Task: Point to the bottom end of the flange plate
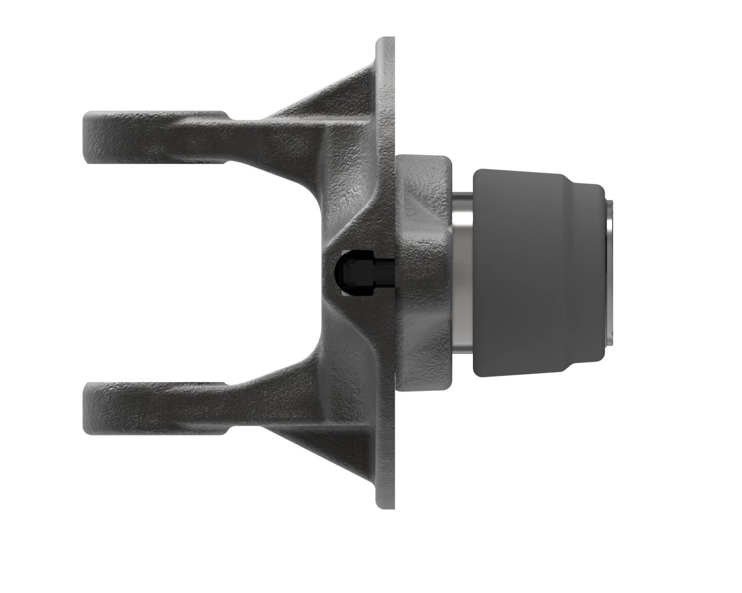[386, 505]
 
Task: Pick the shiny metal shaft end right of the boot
[610, 272]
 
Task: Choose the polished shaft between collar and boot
[462, 272]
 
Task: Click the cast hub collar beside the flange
[426, 272]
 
